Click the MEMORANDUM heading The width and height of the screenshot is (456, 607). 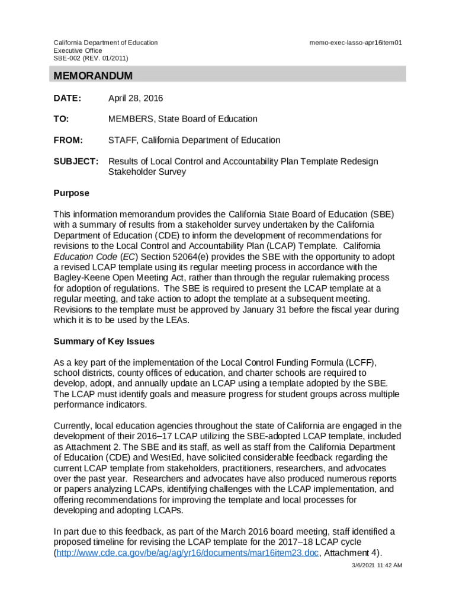(x=93, y=76)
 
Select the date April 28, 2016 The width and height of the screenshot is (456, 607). (x=135, y=98)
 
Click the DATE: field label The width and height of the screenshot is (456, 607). (x=68, y=98)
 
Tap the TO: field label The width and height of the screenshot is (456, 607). (x=62, y=119)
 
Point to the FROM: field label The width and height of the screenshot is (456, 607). (x=68, y=140)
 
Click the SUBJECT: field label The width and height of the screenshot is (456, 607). (x=76, y=162)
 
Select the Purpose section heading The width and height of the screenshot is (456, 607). (x=72, y=193)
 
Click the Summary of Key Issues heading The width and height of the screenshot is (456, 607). (x=104, y=341)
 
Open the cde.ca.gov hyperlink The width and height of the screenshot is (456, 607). (x=187, y=554)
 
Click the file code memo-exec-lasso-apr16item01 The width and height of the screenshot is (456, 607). (x=356, y=43)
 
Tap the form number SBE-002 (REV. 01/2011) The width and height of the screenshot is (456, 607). (x=91, y=58)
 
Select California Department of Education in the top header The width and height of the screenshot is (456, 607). (x=106, y=43)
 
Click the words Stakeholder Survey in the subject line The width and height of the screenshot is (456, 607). (x=147, y=172)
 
